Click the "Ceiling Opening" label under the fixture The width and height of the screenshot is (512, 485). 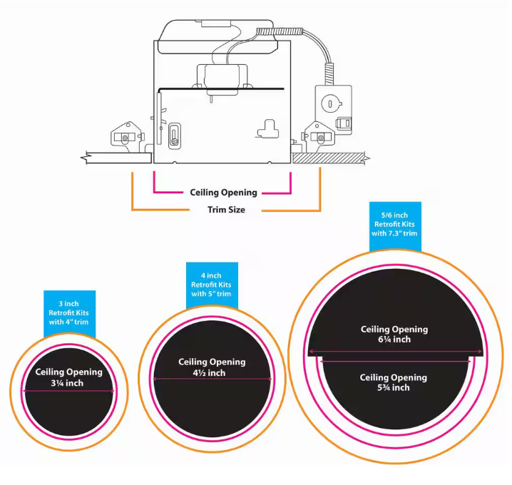(223, 192)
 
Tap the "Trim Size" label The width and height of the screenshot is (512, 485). (226, 210)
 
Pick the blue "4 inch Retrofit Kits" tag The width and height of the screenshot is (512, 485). (212, 285)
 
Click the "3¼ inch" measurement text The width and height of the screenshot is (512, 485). (68, 383)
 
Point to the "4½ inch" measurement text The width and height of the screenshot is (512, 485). (211, 373)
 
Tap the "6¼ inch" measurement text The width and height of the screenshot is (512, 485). (394, 339)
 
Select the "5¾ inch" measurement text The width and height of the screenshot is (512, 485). (394, 387)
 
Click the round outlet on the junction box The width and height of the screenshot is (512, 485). (329, 102)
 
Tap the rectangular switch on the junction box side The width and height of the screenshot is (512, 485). (344, 123)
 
